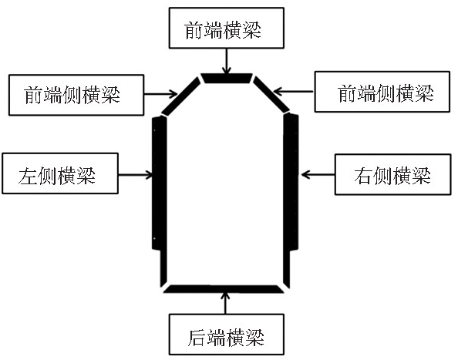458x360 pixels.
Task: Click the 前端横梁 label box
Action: click(227, 28)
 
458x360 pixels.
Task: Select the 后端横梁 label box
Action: click(227, 335)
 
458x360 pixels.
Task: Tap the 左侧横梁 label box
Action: click(60, 173)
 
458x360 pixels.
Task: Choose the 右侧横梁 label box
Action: click(392, 174)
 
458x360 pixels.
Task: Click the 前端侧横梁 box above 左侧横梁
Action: click(76, 95)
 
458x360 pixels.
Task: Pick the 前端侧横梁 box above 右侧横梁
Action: click(382, 92)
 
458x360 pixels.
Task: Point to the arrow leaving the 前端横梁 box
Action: click(226, 61)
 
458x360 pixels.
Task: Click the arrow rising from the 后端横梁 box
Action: click(225, 303)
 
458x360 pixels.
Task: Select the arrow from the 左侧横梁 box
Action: click(136, 175)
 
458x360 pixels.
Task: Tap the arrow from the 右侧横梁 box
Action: click(318, 174)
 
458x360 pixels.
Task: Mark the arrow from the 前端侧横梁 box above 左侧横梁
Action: click(160, 94)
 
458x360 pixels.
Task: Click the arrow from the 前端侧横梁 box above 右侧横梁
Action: click(294, 92)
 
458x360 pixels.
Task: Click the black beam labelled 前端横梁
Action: click(227, 78)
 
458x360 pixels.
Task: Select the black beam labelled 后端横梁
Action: click(224, 289)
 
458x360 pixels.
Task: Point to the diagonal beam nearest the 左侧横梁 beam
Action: click(181, 96)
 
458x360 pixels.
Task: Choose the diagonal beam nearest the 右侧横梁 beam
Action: click(271, 94)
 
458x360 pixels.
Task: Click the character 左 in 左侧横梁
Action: click(28, 176)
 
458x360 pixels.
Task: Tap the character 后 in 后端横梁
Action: click(197, 338)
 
